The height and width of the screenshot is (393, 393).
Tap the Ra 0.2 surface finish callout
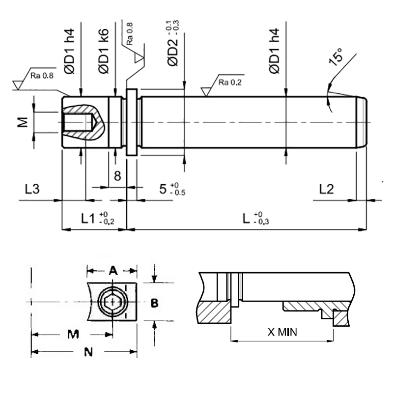click(x=229, y=82)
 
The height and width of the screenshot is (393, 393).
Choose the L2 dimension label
click(x=326, y=189)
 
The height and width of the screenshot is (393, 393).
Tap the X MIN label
click(x=282, y=332)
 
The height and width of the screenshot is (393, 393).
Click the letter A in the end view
click(x=112, y=270)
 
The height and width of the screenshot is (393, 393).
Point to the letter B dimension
click(x=154, y=303)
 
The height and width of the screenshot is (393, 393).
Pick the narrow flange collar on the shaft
click(x=131, y=122)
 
